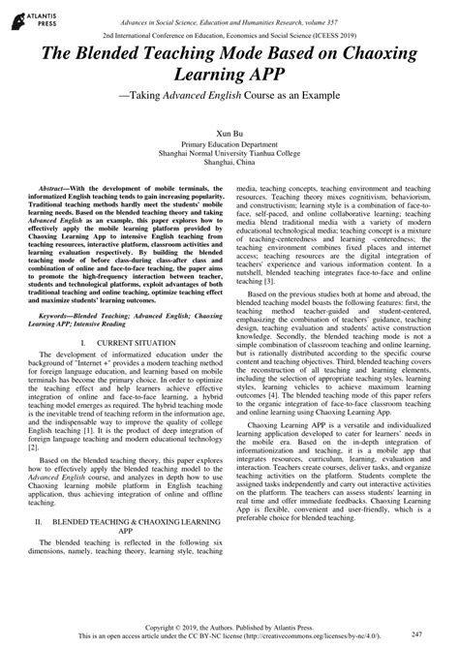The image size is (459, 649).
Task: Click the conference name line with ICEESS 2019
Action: (x=229, y=30)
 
